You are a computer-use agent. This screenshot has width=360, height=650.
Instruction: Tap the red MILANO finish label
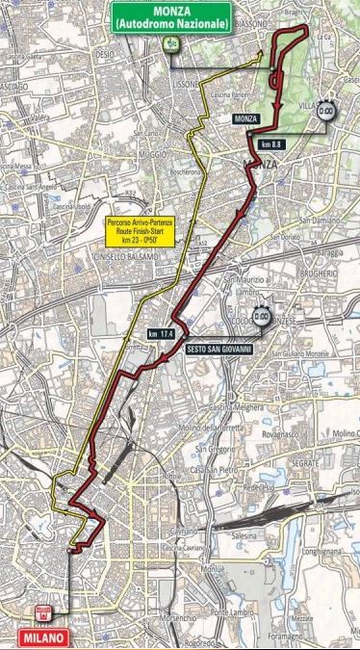tap(42, 637)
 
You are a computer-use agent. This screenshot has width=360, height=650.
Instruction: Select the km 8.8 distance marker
tap(270, 143)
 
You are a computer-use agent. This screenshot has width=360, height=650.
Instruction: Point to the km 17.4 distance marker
tap(160, 333)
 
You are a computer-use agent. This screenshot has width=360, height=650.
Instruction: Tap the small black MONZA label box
tap(248, 118)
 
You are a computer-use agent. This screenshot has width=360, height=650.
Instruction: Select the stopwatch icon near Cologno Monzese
tap(261, 316)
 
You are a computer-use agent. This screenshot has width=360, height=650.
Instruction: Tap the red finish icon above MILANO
tap(43, 613)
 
